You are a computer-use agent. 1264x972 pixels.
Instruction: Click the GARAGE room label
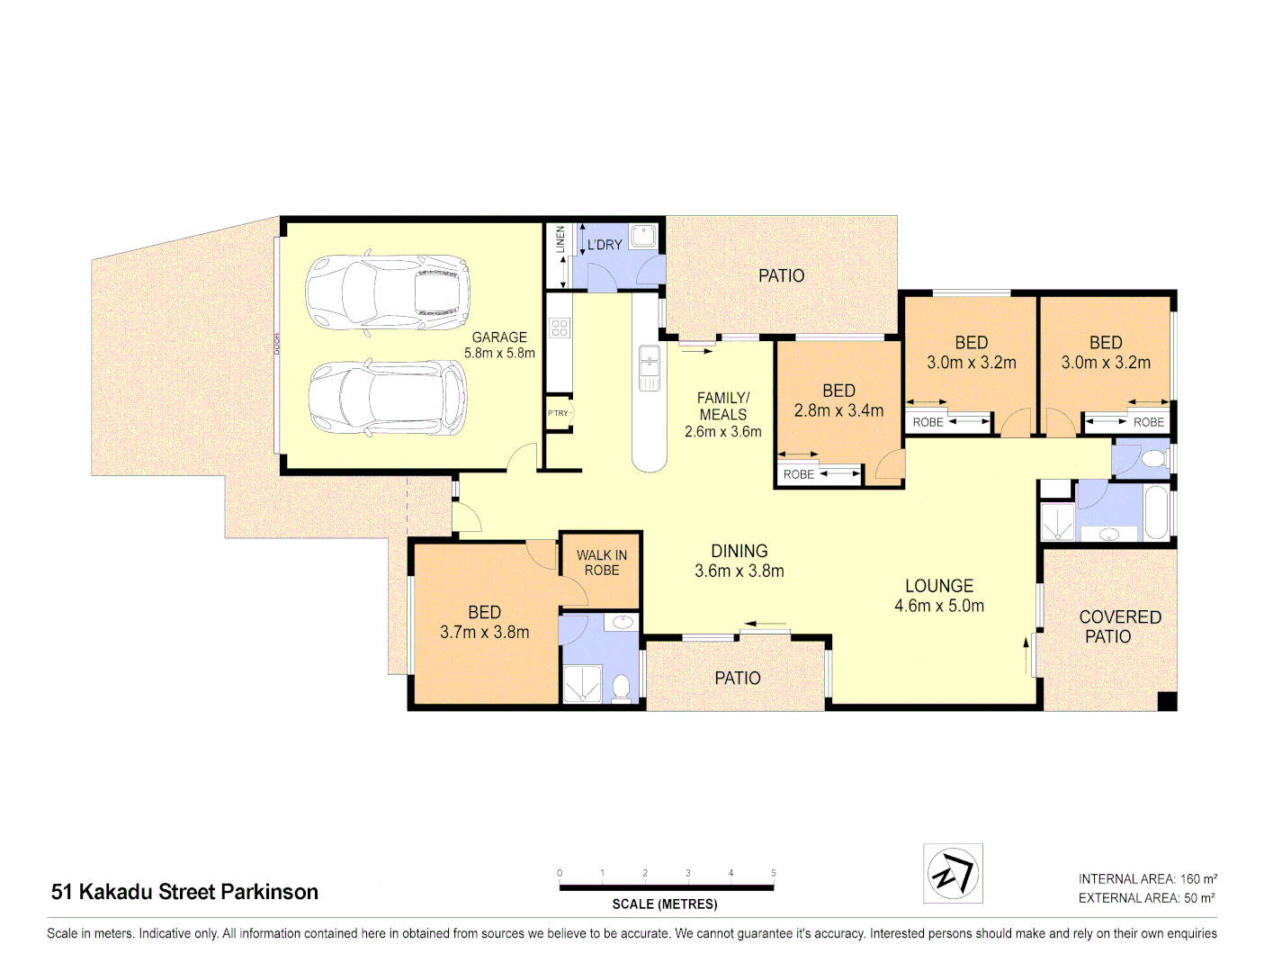click(499, 337)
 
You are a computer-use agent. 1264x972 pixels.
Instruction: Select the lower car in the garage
click(388, 398)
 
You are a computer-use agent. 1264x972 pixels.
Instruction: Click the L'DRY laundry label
click(605, 245)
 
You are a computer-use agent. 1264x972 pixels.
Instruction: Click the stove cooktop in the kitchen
click(559, 328)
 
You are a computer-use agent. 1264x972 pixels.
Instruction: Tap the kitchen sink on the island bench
click(649, 367)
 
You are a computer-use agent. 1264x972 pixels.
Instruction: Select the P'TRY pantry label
click(558, 413)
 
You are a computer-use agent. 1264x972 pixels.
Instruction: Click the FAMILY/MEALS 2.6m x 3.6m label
click(722, 414)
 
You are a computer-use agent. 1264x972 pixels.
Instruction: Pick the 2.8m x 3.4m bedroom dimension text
click(838, 410)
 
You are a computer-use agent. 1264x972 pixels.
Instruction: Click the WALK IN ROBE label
click(602, 562)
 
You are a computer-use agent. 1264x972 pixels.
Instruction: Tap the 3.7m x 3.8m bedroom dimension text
click(484, 633)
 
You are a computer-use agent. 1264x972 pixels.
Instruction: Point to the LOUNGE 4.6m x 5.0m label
click(938, 596)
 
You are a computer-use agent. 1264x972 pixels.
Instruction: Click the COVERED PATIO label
click(1119, 626)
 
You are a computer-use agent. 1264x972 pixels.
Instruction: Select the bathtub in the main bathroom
click(1157, 513)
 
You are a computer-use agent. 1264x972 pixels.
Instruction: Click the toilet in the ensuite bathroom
click(621, 688)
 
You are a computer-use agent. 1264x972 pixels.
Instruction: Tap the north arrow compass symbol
click(953, 873)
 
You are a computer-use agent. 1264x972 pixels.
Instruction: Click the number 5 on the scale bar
click(773, 873)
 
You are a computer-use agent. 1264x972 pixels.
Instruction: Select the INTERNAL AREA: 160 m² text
click(1147, 878)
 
